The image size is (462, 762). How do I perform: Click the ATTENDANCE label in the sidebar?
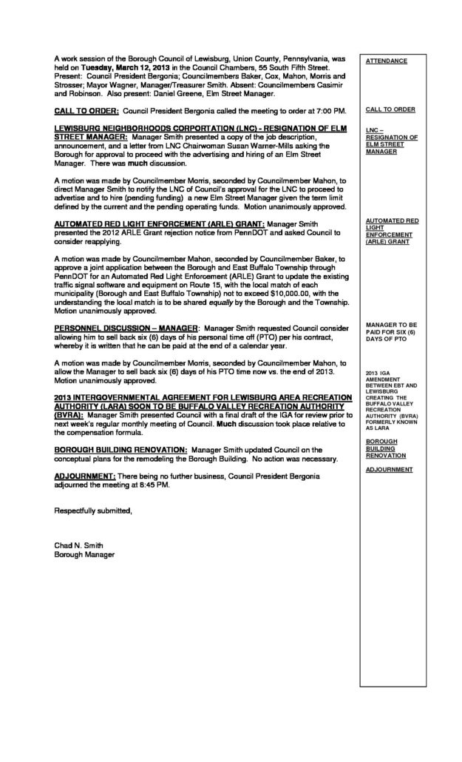click(x=386, y=61)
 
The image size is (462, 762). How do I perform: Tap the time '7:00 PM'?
click(x=327, y=110)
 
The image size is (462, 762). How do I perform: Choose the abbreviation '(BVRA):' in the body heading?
click(x=71, y=416)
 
